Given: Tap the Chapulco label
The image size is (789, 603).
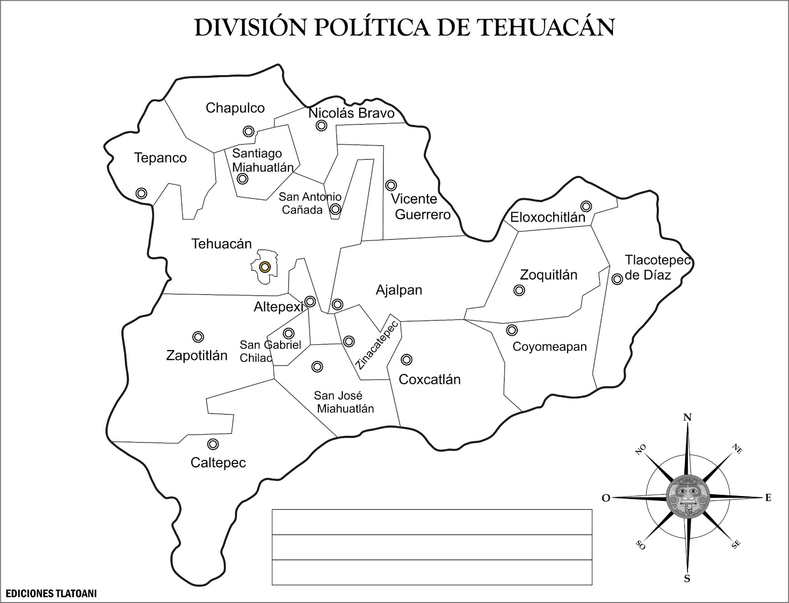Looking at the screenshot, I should click(x=235, y=108).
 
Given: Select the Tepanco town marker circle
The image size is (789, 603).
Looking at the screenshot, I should click(x=141, y=193).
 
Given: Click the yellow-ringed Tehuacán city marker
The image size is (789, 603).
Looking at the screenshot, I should click(x=265, y=267).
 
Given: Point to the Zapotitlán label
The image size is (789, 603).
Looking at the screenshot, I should click(x=197, y=355).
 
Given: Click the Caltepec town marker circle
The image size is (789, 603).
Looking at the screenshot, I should click(x=213, y=444).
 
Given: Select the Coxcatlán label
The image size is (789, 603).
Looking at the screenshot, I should click(x=430, y=380).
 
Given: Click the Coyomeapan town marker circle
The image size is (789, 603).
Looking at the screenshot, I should click(x=512, y=329).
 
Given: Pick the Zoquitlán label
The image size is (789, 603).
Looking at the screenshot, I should click(x=548, y=275).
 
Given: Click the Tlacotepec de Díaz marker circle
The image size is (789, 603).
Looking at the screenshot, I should click(x=617, y=279).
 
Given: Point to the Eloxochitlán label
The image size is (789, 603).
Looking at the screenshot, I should click(x=547, y=217).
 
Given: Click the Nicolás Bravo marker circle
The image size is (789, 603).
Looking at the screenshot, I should click(x=322, y=126).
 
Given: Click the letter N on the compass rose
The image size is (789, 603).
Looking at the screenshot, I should click(x=687, y=418).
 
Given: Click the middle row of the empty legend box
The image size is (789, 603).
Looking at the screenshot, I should click(x=431, y=547).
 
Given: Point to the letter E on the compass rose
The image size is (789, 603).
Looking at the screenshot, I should click(x=768, y=498).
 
